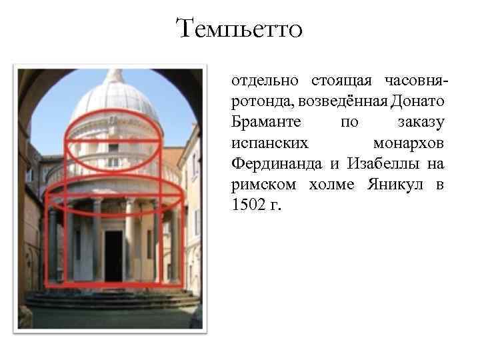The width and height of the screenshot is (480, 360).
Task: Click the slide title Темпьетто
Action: point(239,29)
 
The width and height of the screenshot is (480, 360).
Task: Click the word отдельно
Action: point(263,81)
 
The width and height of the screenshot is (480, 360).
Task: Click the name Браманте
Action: point(264,123)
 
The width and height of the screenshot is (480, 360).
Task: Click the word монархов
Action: point(409,143)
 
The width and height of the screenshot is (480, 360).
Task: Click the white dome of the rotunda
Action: point(115,100)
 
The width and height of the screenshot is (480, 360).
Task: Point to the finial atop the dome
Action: point(115,74)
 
